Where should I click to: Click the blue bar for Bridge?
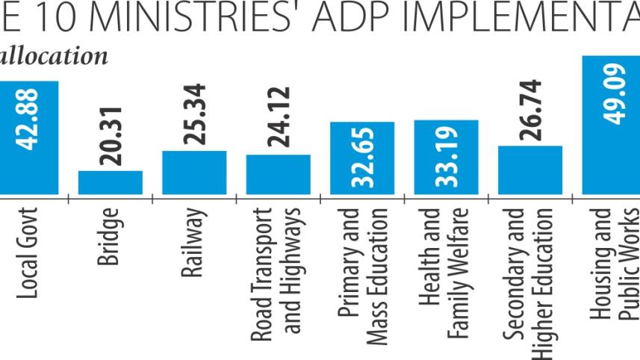[x=111, y=182]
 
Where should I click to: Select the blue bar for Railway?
[x=194, y=173]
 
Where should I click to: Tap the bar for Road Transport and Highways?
[x=278, y=174]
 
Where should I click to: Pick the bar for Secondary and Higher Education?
[x=530, y=170]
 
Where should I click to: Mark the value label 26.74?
[x=530, y=109]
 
